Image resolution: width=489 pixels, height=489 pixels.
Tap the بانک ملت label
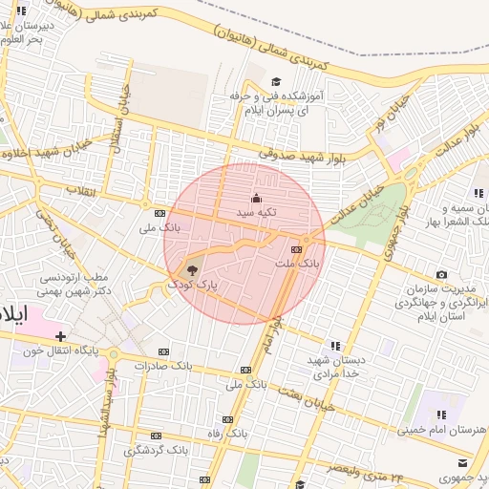click(x=293, y=262)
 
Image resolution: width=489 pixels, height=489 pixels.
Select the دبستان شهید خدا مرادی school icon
click(x=334, y=345)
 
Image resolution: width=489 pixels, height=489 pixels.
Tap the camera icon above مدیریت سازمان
click(x=440, y=275)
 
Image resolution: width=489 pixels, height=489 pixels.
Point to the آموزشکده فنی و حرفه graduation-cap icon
click(x=276, y=82)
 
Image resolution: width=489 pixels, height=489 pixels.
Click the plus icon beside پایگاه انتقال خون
click(x=61, y=336)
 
